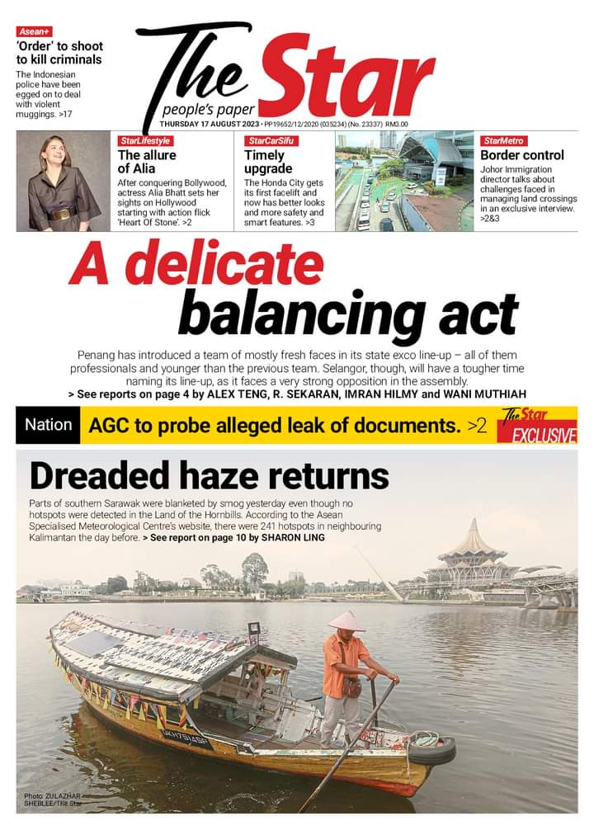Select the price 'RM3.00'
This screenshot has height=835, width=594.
point(397,125)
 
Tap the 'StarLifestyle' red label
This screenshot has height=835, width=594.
point(144,141)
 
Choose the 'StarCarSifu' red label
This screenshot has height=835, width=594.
point(271,141)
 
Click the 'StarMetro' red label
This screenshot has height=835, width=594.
point(504,141)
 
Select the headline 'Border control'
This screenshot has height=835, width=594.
point(522,155)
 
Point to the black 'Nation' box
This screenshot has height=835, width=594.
point(49,426)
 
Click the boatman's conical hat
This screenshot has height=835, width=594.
point(346,621)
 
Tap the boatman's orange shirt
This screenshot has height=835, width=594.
point(346,656)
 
